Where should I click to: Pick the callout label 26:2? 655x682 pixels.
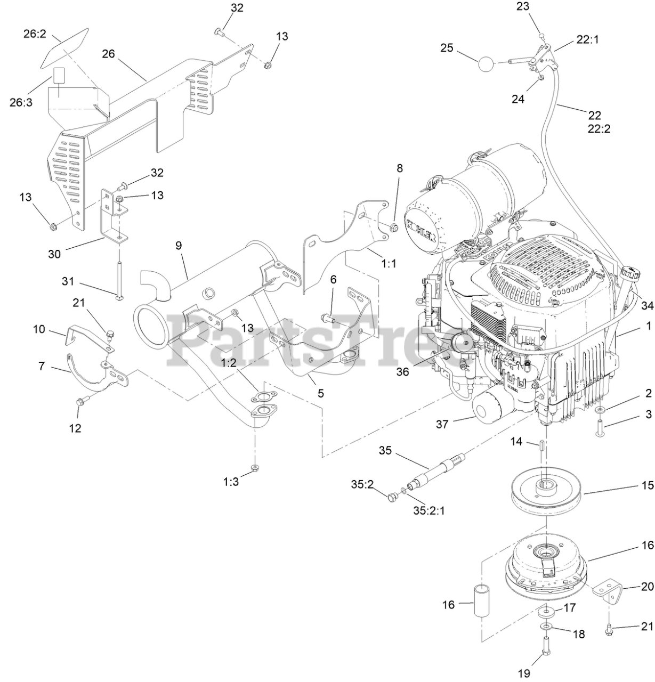coord(35,35)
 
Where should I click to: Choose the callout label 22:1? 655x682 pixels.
coord(587,40)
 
